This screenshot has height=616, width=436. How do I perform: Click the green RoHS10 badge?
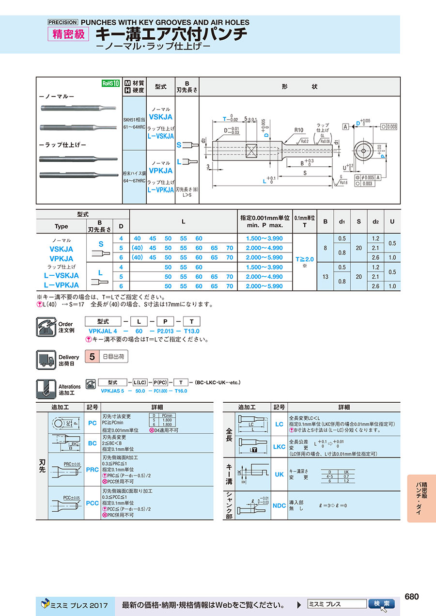110,83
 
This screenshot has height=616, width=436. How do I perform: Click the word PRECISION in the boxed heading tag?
62,22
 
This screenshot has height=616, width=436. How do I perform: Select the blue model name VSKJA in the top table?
160,117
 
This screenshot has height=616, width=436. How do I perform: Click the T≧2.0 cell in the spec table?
305,259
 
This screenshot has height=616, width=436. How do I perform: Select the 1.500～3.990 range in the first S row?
265,238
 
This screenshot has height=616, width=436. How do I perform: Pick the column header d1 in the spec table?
342,221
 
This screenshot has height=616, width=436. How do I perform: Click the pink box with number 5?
92,357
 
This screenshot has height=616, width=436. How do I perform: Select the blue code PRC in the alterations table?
93,470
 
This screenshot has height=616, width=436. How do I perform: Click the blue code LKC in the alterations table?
279,446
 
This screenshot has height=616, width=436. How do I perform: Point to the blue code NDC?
279,505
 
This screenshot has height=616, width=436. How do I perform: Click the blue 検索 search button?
382,603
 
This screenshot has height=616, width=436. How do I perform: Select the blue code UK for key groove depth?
279,474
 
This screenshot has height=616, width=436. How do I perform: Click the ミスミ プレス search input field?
337,604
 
